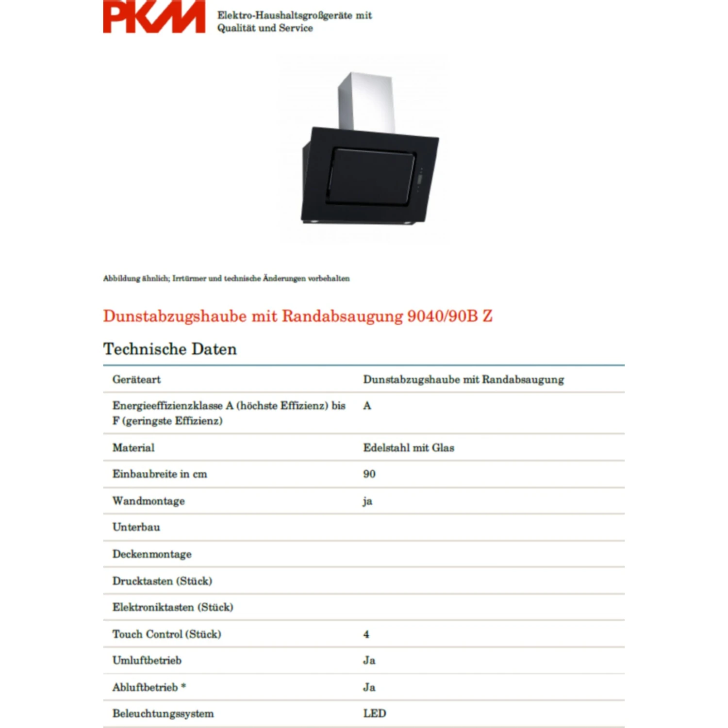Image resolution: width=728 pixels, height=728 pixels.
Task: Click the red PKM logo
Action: pyautogui.click(x=154, y=17)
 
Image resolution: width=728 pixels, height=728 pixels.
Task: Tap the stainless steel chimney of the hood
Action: pyautogui.click(x=366, y=100)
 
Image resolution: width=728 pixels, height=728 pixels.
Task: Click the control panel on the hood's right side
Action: pyautogui.click(x=420, y=180)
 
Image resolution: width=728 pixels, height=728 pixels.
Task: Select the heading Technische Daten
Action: pyautogui.click(x=170, y=349)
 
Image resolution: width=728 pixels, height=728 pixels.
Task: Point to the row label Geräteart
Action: pyautogui.click(x=136, y=380)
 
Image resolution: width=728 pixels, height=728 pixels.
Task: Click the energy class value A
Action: pyautogui.click(x=367, y=406)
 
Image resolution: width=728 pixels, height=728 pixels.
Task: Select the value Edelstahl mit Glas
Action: pyautogui.click(x=409, y=447)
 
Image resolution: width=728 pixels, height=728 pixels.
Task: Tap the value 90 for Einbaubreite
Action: pyautogui.click(x=369, y=474)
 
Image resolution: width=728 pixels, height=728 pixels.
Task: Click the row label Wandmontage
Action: pyautogui.click(x=149, y=501)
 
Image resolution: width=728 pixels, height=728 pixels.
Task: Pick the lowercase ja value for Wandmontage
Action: pyautogui.click(x=367, y=501)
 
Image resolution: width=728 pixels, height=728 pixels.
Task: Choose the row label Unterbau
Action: pyautogui.click(x=136, y=527)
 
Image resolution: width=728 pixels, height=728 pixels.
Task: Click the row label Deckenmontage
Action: pyautogui.click(x=152, y=554)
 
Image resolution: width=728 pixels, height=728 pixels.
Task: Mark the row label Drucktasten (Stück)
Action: pyautogui.click(x=162, y=581)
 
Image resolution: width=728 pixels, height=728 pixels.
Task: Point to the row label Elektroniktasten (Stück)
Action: pyautogui.click(x=173, y=607)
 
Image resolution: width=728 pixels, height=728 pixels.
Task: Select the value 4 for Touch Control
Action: pyautogui.click(x=366, y=634)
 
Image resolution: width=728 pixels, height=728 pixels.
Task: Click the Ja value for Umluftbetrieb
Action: pyautogui.click(x=369, y=661)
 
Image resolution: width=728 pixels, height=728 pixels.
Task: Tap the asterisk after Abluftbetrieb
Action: pyautogui.click(x=183, y=686)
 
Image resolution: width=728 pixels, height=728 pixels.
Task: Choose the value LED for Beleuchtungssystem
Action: pyautogui.click(x=375, y=713)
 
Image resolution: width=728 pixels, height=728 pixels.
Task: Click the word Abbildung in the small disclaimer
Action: pyautogui.click(x=120, y=279)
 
